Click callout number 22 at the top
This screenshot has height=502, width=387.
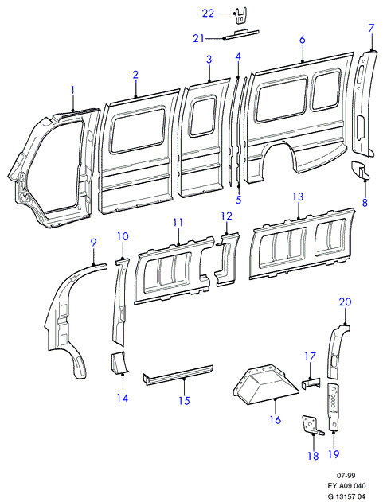pyautogui.click(x=208, y=14)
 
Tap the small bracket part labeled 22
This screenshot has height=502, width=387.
pyautogui.click(x=241, y=16)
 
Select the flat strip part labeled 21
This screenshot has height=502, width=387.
pyautogui.click(x=241, y=34)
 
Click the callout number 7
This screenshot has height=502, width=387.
pyautogui.click(x=371, y=28)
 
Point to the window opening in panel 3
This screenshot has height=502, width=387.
pyautogui.click(x=203, y=117)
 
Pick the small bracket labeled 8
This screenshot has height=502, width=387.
pyautogui.click(x=360, y=169)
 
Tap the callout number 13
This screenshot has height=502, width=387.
pyautogui.click(x=298, y=197)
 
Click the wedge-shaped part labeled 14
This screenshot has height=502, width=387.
pyautogui.click(x=119, y=363)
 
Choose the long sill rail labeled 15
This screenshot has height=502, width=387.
pyautogui.click(x=178, y=374)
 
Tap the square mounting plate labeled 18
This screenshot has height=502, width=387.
pyautogui.click(x=311, y=425)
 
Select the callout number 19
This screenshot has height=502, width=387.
pyautogui.click(x=334, y=454)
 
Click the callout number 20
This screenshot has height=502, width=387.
pyautogui.click(x=345, y=302)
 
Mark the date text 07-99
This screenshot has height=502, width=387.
pyautogui.click(x=346, y=476)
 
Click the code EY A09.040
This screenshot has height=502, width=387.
pyautogui.click(x=346, y=486)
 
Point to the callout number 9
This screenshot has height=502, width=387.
pyautogui.click(x=93, y=243)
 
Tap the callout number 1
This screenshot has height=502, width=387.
pyautogui.click(x=72, y=90)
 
